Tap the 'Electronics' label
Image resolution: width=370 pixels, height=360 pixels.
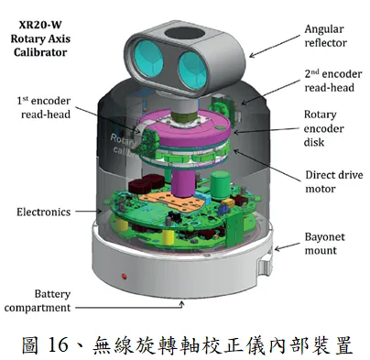click(x=44, y=212)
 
